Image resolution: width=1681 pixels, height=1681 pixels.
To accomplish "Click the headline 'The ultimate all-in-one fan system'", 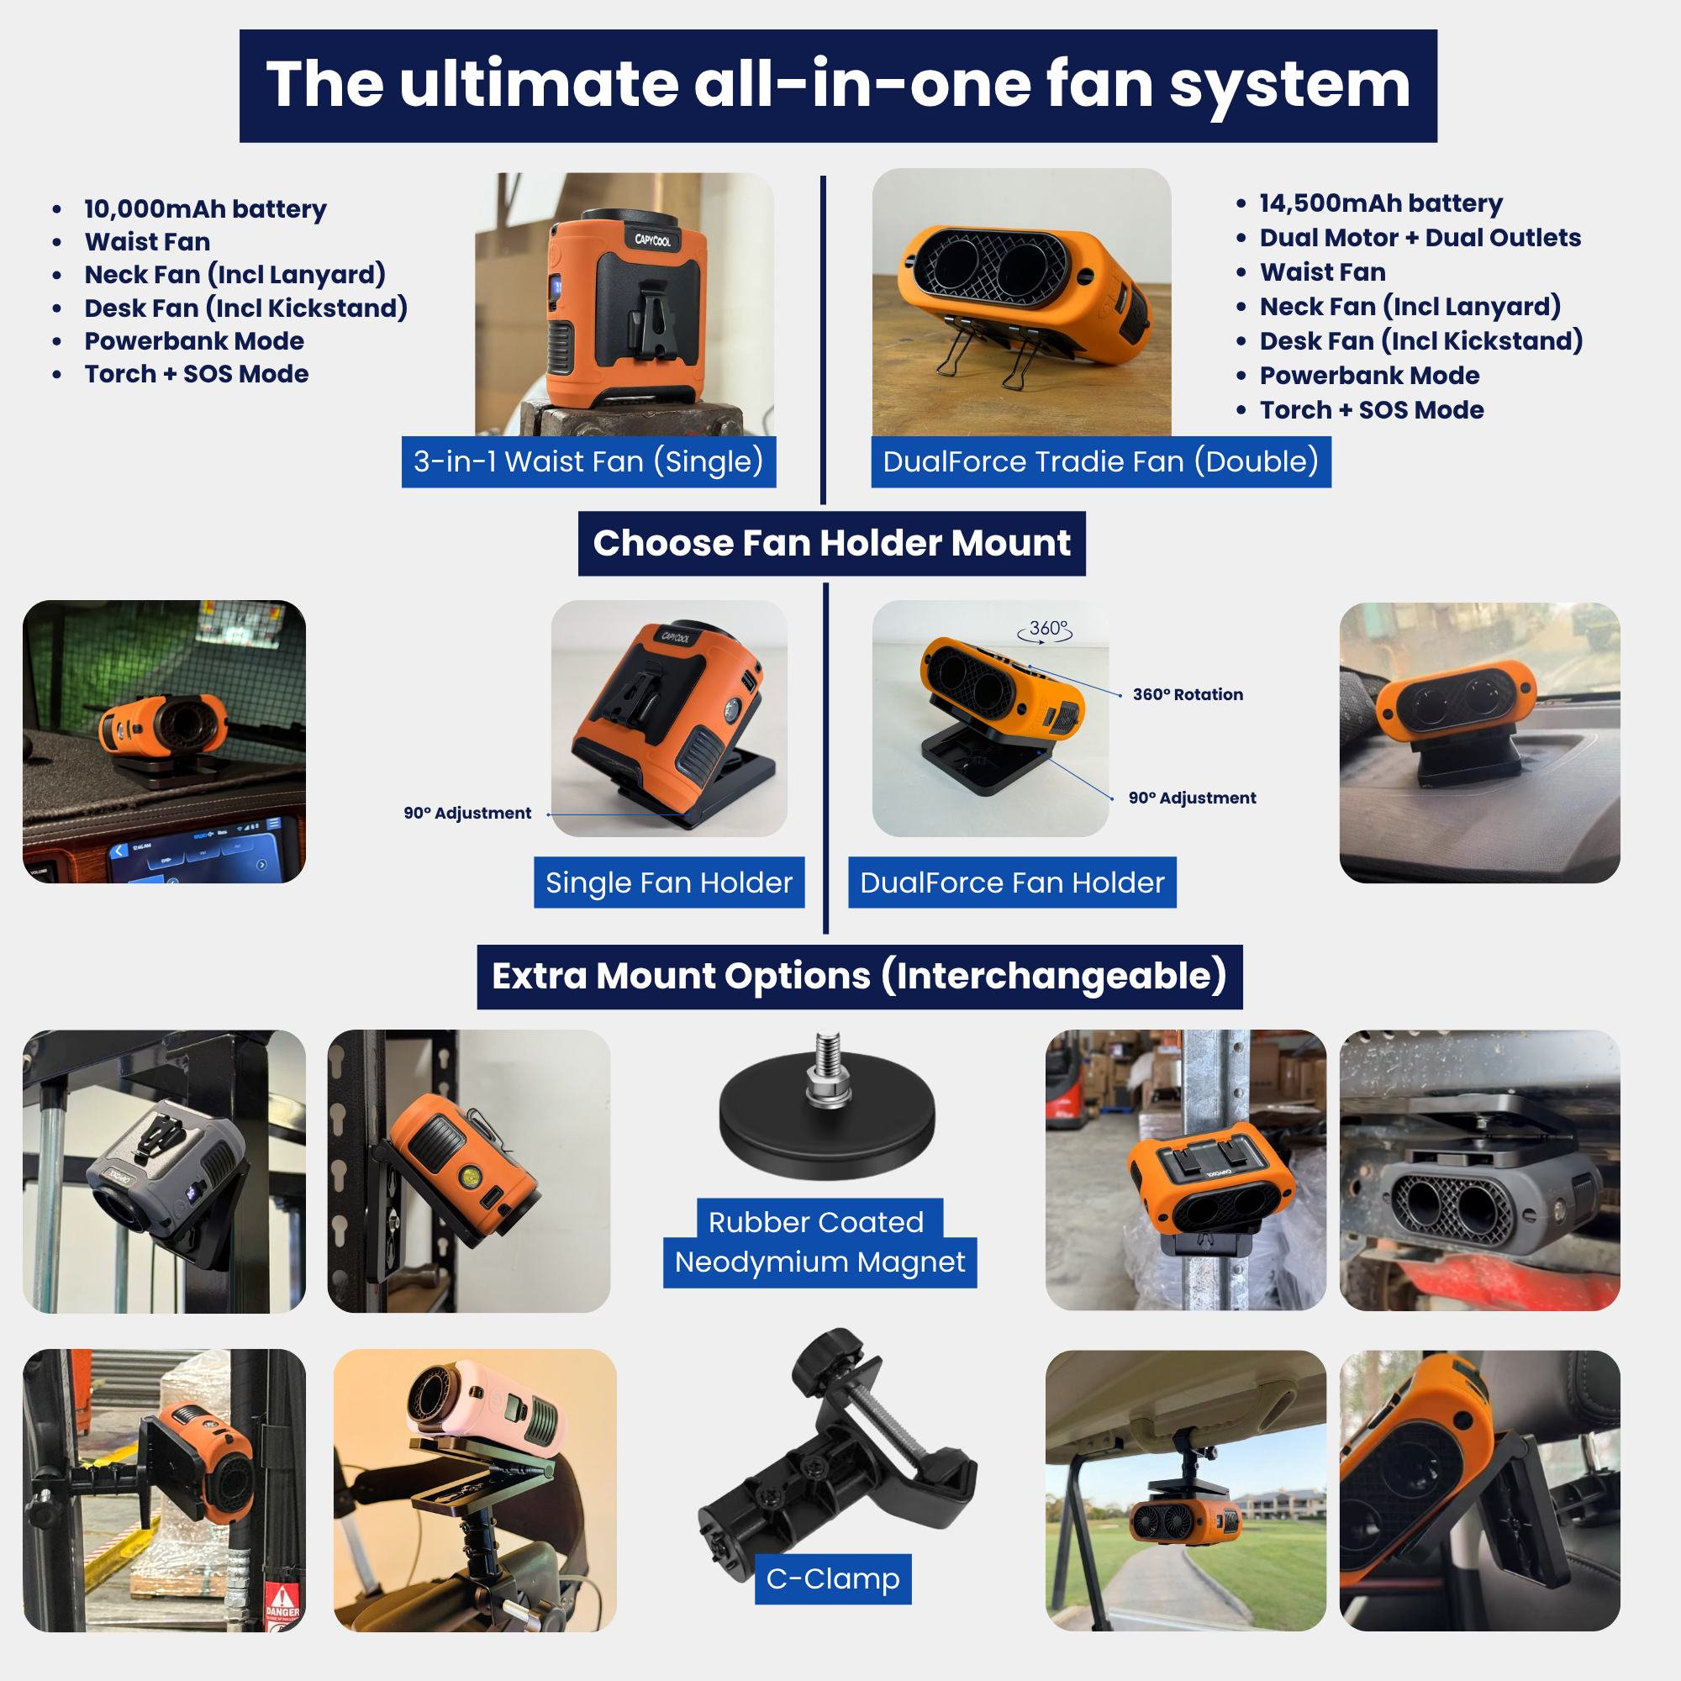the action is coord(838,85).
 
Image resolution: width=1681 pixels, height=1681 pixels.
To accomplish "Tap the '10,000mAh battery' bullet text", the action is coord(205,208).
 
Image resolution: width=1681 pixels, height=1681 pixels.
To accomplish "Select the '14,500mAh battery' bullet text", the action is coord(1381,203).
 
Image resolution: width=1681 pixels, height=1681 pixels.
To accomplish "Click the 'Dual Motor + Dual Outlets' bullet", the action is coord(1420,238).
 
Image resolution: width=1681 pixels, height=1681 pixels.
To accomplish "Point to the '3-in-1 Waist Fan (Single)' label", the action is coord(588,461).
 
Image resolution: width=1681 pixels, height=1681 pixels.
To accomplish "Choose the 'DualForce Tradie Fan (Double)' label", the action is coord(1101,461).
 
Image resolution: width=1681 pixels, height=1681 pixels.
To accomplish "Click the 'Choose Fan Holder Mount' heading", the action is coord(832,543).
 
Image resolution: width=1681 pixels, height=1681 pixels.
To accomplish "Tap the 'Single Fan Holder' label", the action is coord(669,883).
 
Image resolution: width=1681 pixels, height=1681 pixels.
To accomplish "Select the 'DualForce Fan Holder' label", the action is coord(1012,883).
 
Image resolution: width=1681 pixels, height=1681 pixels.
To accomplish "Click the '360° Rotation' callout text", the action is coord(1188,694).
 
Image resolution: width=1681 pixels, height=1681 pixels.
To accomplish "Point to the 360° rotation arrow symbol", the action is coord(1045,632).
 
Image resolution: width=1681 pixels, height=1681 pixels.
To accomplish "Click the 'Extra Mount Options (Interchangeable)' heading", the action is coord(860,976).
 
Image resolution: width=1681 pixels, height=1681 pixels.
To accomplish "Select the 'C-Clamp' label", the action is coord(833,1578).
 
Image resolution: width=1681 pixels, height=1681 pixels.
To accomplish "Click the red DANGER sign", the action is coord(282,1603).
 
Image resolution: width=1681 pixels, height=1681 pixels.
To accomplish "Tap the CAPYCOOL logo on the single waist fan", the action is coord(652,240).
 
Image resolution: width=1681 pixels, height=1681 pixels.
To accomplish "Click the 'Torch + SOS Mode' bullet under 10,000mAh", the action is coord(197,374).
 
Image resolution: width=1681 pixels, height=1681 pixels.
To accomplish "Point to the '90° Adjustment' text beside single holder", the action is coord(467,813).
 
